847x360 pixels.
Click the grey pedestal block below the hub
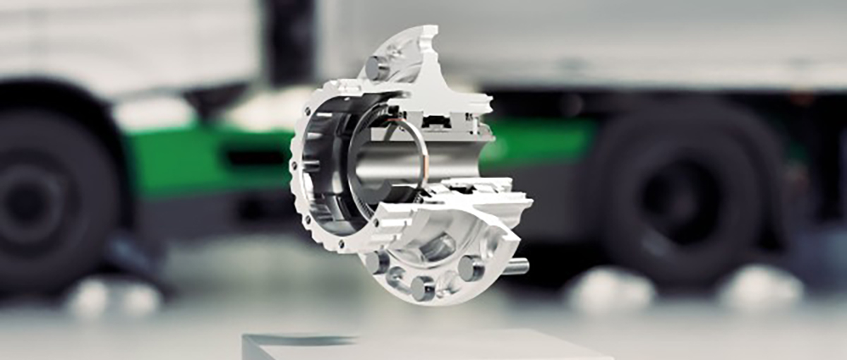pyautogui.click(x=423, y=346)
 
